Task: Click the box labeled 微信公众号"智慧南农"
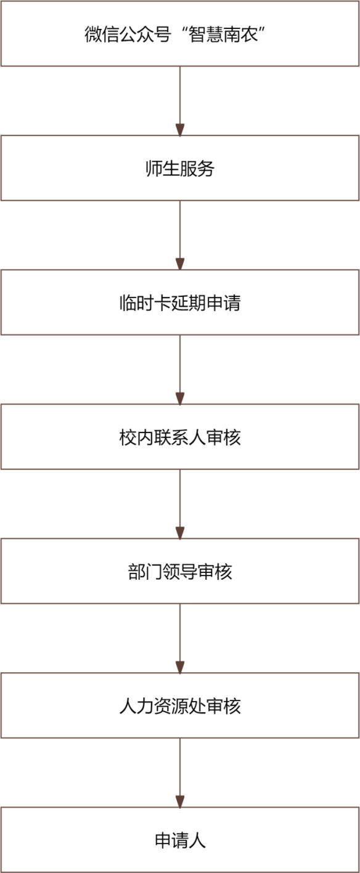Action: (x=180, y=33)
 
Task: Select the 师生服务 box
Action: (x=180, y=168)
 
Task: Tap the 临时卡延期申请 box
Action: (x=180, y=303)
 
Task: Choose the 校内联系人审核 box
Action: (x=180, y=436)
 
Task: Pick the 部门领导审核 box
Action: (x=180, y=571)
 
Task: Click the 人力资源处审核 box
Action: (x=180, y=705)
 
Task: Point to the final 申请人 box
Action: (x=180, y=840)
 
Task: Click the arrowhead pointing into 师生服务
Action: (x=180, y=130)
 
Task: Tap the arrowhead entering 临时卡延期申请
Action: (x=180, y=264)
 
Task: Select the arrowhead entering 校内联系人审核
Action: (x=180, y=399)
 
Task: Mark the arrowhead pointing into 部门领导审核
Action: (x=180, y=533)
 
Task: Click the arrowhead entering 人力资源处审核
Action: (x=180, y=668)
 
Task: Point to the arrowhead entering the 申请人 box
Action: (x=180, y=802)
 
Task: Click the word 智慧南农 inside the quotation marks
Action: (x=224, y=35)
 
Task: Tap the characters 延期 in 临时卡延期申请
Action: (x=189, y=303)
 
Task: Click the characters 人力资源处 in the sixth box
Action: (x=163, y=706)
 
